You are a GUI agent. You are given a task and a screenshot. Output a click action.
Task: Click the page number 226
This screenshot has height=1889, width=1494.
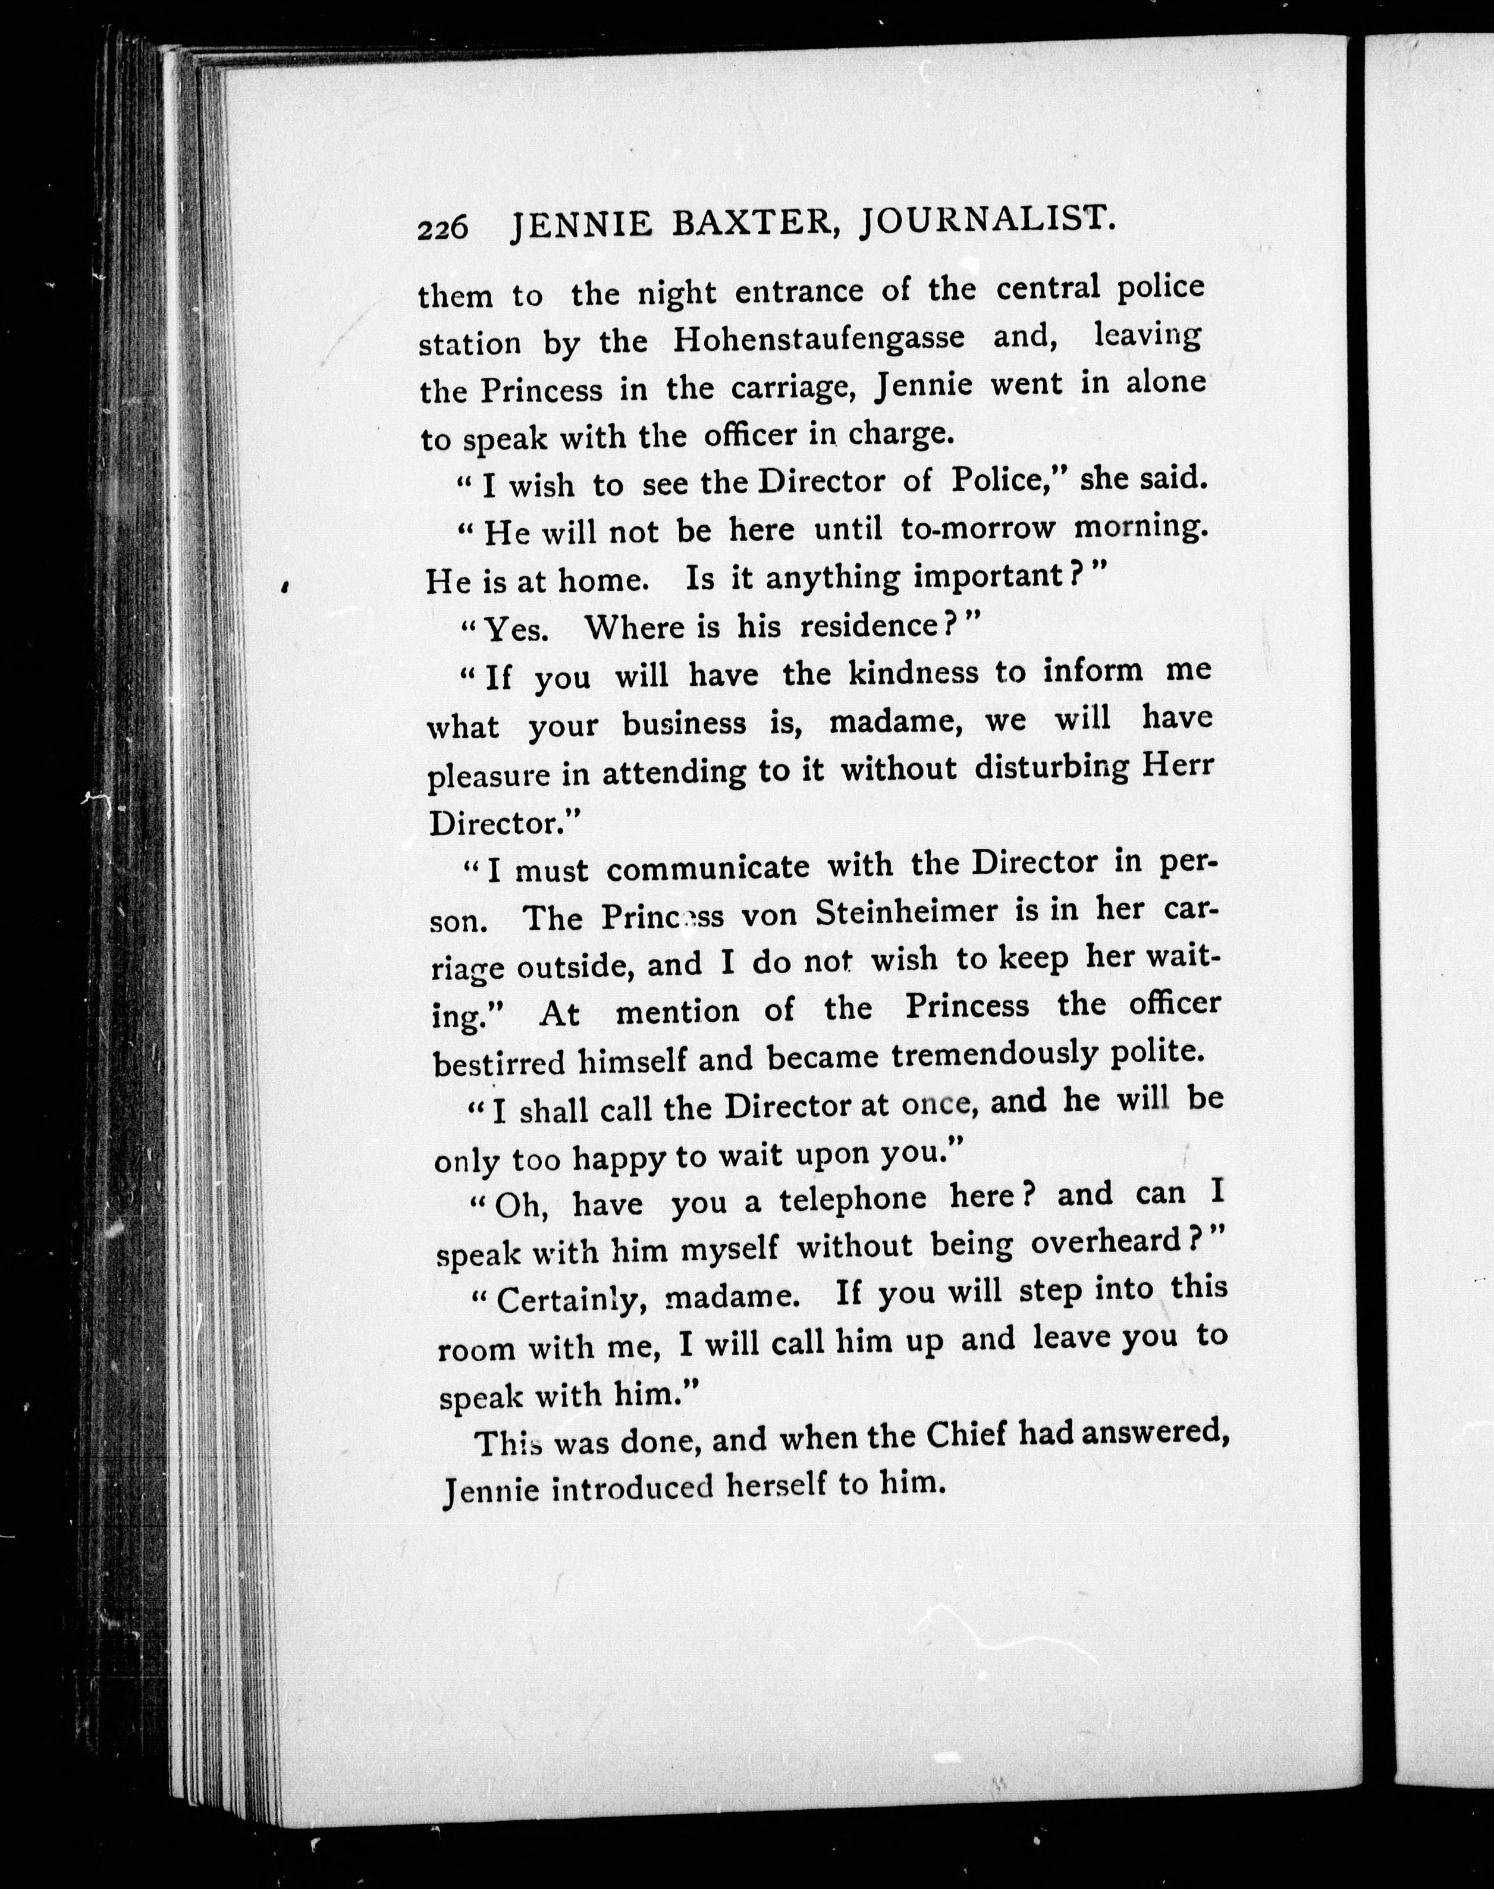point(442,228)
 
